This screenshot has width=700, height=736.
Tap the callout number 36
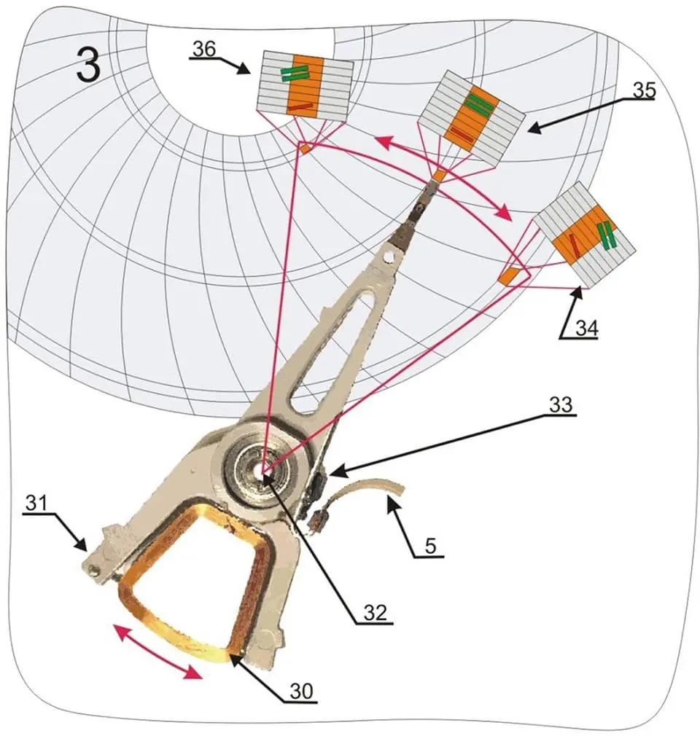click(x=204, y=48)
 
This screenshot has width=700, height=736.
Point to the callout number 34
click(x=584, y=329)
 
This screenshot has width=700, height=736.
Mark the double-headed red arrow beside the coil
click(x=157, y=651)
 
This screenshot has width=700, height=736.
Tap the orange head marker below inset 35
click(x=439, y=176)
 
